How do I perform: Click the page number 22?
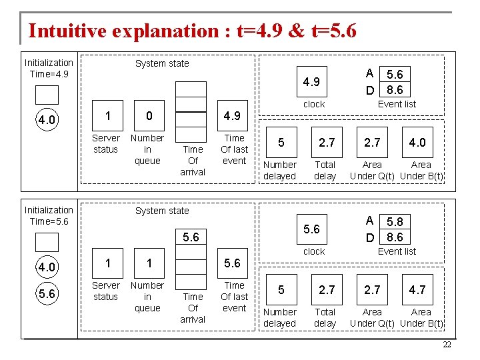tap(447, 344)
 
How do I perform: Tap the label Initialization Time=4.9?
tap(49, 68)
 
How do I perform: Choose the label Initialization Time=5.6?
tap(49, 215)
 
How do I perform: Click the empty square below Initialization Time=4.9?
tap(47, 95)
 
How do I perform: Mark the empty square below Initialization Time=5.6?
tap(47, 242)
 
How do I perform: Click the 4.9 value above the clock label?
tap(311, 82)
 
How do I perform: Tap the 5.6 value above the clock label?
tap(311, 229)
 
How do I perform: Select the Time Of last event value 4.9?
tap(232, 116)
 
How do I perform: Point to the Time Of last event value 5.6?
tap(232, 263)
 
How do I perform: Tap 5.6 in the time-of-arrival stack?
tap(191, 237)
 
